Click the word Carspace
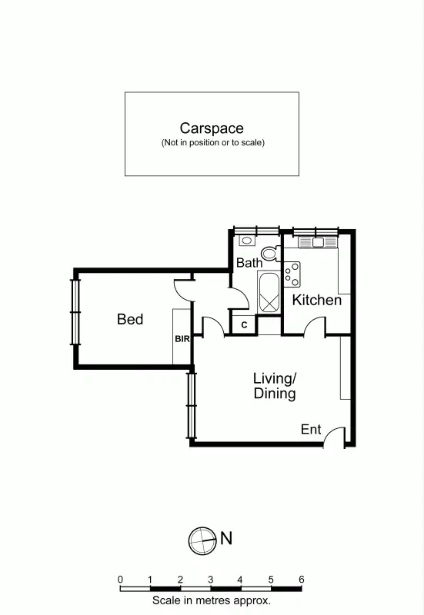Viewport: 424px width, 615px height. pyautogui.click(x=212, y=128)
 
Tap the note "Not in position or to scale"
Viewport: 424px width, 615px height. pyautogui.click(x=212, y=143)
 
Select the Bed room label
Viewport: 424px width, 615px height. pyautogui.click(x=130, y=318)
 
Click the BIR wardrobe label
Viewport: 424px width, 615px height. pyautogui.click(x=182, y=338)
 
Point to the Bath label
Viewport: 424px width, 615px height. pyautogui.click(x=249, y=263)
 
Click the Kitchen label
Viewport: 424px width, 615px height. pyautogui.click(x=316, y=300)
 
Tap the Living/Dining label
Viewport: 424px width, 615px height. pyautogui.click(x=275, y=386)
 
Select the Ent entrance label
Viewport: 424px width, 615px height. pyautogui.click(x=311, y=430)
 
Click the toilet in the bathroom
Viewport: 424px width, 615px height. pyautogui.click(x=269, y=252)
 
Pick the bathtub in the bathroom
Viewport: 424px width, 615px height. pyautogui.click(x=269, y=292)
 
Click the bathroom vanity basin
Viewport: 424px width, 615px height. pyautogui.click(x=245, y=240)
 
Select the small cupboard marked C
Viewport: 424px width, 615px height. pyautogui.click(x=243, y=325)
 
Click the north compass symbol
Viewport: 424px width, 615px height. pyautogui.click(x=201, y=540)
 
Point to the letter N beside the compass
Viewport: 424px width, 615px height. pyautogui.click(x=226, y=539)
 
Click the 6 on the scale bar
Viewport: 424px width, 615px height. pyautogui.click(x=301, y=580)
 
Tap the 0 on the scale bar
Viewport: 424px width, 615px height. pyautogui.click(x=120, y=580)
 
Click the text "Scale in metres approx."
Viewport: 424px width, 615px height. pyautogui.click(x=211, y=601)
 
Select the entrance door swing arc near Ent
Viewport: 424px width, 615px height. pyautogui.click(x=334, y=437)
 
